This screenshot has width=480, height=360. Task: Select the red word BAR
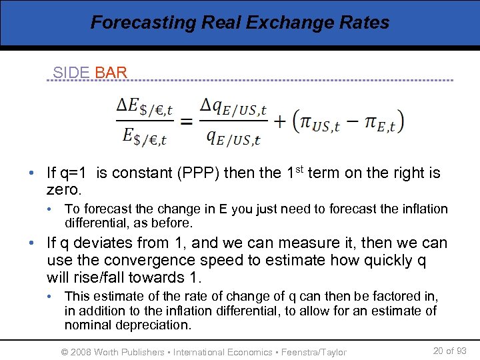[111, 73]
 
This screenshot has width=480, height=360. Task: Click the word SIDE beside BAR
[71, 73]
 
